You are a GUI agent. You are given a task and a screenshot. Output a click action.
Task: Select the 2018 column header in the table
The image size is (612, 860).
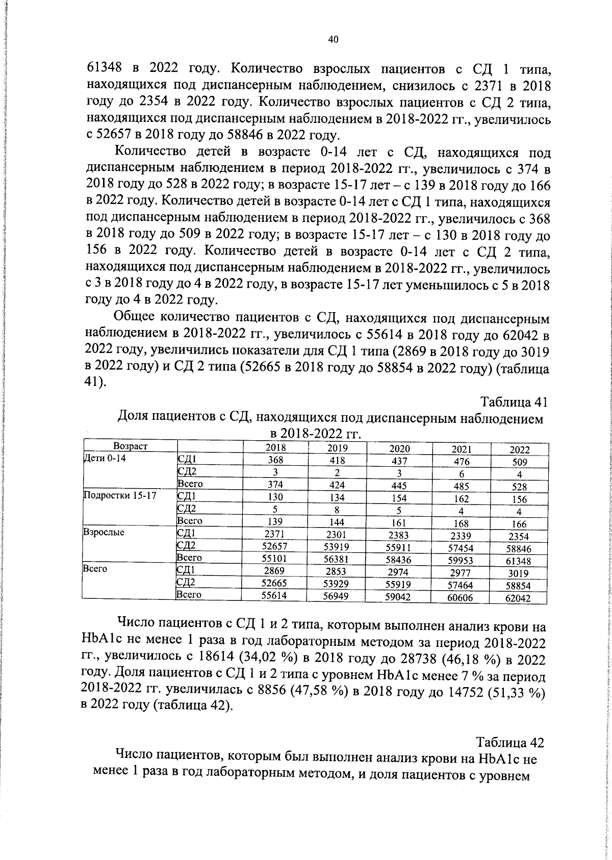click(276, 447)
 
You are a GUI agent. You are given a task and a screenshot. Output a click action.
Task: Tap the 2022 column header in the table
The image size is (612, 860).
click(520, 450)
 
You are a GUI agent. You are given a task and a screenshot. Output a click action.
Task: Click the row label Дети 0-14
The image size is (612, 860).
click(105, 458)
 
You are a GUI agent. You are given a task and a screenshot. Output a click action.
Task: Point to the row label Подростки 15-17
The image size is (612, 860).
click(120, 495)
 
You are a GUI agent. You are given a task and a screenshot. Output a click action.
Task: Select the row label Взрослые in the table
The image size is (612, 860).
click(104, 532)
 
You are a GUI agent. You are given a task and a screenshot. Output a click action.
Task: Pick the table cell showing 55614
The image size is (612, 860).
click(274, 595)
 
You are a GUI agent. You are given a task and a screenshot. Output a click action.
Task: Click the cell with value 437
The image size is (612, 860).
click(399, 461)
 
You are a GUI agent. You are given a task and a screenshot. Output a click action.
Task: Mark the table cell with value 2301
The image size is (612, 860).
click(336, 535)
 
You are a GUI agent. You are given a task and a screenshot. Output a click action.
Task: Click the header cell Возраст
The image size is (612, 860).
click(131, 446)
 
